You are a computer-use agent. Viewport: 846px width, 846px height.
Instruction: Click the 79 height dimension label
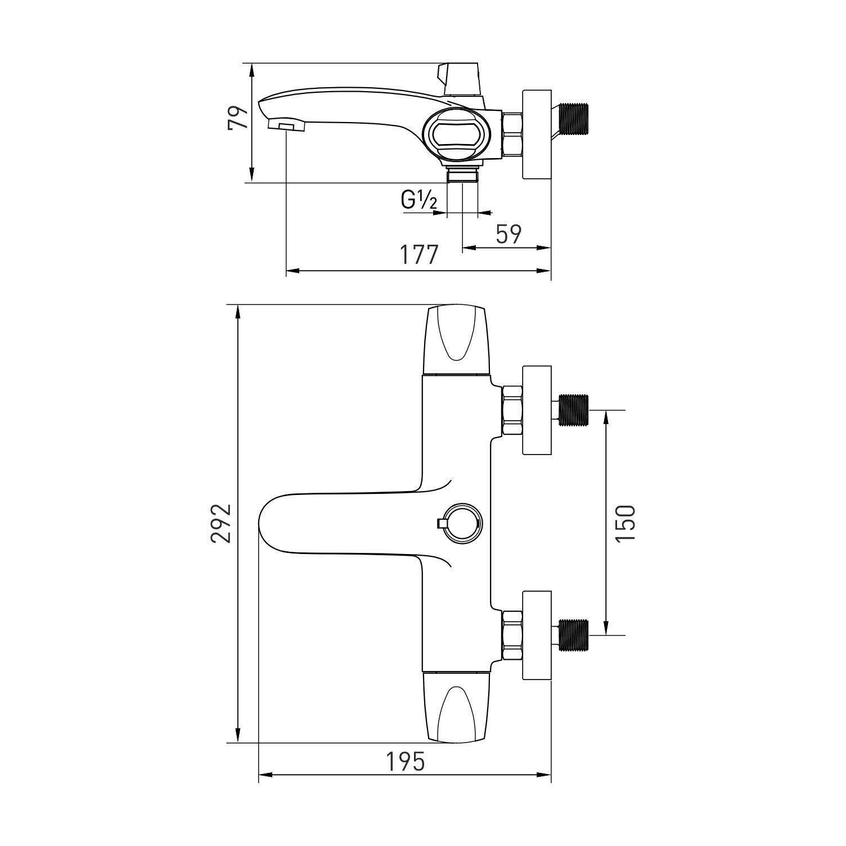point(238,118)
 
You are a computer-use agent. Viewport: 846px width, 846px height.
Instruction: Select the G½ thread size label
point(419,200)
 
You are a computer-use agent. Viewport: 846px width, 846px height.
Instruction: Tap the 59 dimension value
point(509,235)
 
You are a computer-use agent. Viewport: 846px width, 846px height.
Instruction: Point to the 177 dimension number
point(418,255)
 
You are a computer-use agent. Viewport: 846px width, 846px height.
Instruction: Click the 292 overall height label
point(221,523)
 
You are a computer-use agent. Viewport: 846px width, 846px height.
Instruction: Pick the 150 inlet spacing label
point(625,523)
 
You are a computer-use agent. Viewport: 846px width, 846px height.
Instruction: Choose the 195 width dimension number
point(406,762)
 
